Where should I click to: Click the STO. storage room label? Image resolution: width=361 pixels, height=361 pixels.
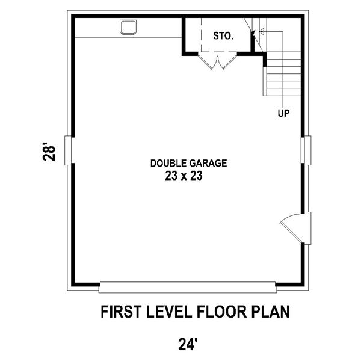click(223, 36)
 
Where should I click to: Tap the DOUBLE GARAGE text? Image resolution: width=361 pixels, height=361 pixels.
click(188, 163)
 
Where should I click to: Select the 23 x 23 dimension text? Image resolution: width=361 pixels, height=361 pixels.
click(184, 176)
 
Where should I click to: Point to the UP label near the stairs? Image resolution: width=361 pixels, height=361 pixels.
click(283, 113)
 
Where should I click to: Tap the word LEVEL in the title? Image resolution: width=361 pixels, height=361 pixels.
click(168, 312)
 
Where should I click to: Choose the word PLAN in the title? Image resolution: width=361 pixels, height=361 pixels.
click(271, 312)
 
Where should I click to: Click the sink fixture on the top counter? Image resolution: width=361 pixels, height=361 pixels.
click(128, 28)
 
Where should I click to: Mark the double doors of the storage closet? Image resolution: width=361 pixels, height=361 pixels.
click(218, 61)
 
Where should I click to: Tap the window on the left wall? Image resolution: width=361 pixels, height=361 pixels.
click(69, 150)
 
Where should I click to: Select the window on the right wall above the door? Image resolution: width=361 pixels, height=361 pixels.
click(306, 150)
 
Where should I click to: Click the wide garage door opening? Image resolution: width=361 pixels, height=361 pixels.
click(188, 287)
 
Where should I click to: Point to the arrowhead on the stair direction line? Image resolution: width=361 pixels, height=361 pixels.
click(262, 31)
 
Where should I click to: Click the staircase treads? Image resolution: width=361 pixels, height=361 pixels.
click(282, 74)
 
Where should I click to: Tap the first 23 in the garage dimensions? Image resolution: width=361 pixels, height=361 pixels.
click(171, 176)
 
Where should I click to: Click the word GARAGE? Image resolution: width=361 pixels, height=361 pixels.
click(208, 163)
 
